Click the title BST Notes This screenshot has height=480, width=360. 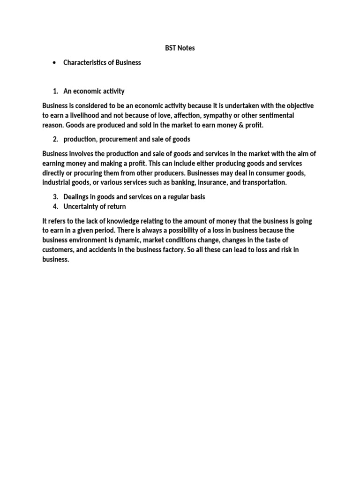coord(180,48)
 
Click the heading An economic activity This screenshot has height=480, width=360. coord(94,91)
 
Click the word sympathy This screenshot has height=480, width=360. coord(217,115)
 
